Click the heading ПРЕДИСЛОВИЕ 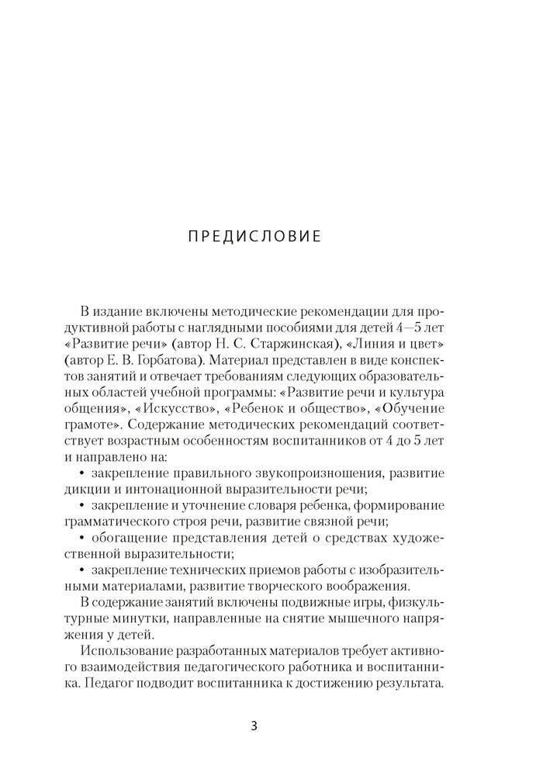point(254,236)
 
